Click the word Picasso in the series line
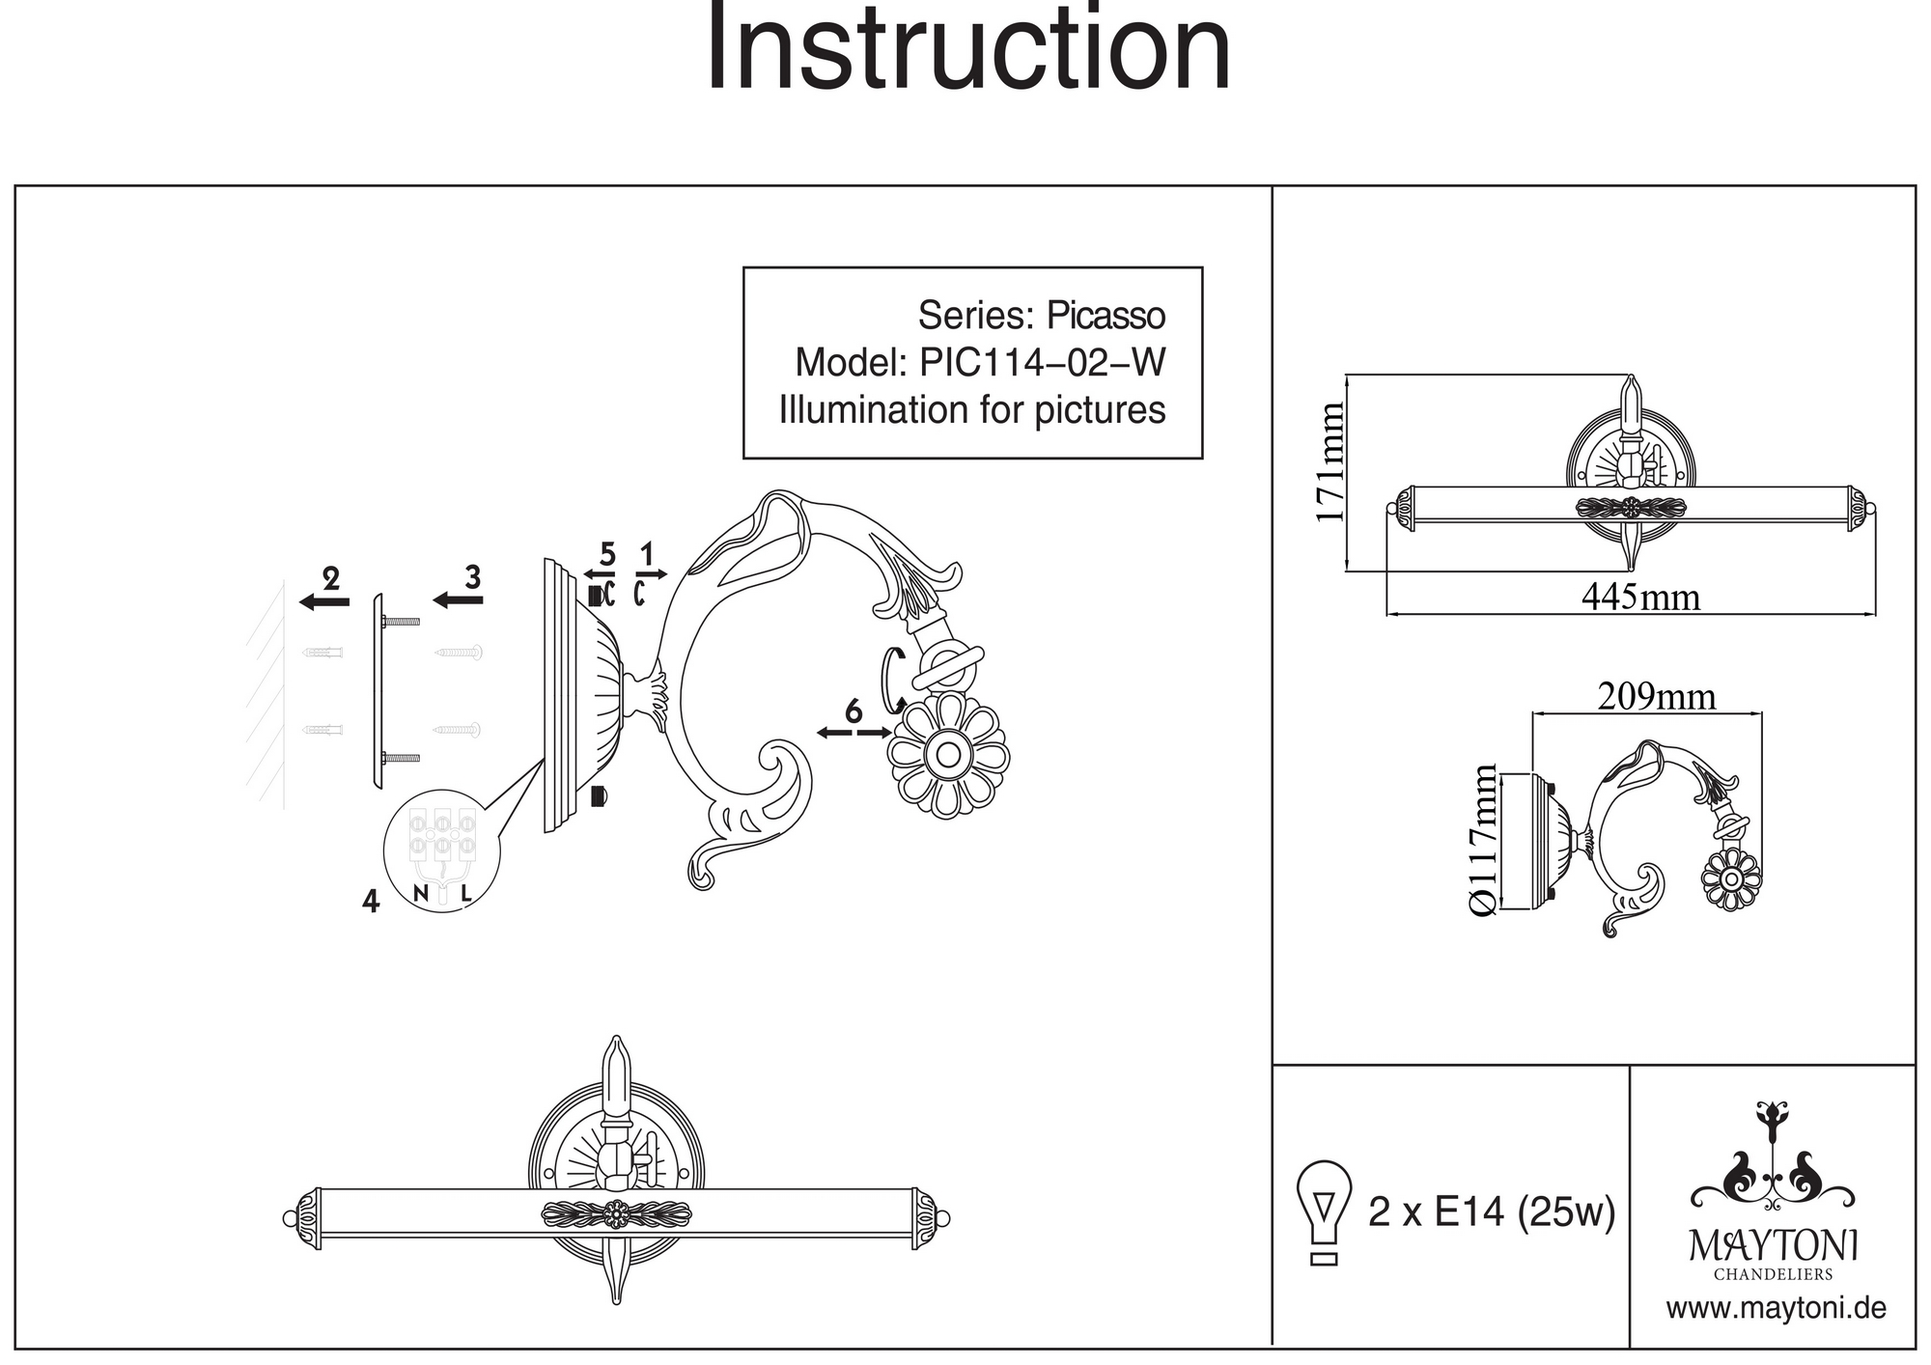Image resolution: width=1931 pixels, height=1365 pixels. (x=1105, y=316)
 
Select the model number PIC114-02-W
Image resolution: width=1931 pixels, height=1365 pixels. (x=1043, y=363)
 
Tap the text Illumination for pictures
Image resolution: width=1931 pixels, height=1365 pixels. (x=972, y=410)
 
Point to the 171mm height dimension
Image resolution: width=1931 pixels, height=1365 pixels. (x=1330, y=462)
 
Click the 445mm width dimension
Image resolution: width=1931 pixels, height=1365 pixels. (x=1640, y=598)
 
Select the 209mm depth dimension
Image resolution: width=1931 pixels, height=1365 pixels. (x=1657, y=696)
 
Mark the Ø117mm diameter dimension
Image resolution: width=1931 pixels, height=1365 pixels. (x=1483, y=840)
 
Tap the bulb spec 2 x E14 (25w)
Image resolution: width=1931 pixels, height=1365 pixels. (x=1492, y=1212)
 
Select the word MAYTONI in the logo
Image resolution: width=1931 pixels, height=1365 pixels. (x=1774, y=1246)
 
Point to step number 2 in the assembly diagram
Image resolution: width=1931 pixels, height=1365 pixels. (x=331, y=579)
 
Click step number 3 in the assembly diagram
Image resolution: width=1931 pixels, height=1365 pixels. (x=472, y=577)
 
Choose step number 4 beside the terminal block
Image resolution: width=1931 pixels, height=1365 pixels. (x=371, y=901)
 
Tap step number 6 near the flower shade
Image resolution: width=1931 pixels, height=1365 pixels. (x=854, y=711)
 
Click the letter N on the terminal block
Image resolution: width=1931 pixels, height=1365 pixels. (x=421, y=894)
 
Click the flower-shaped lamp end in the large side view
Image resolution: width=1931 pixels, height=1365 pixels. (x=948, y=755)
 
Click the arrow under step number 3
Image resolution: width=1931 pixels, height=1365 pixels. (x=458, y=600)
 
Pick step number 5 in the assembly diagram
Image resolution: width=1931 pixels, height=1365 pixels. (x=607, y=554)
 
